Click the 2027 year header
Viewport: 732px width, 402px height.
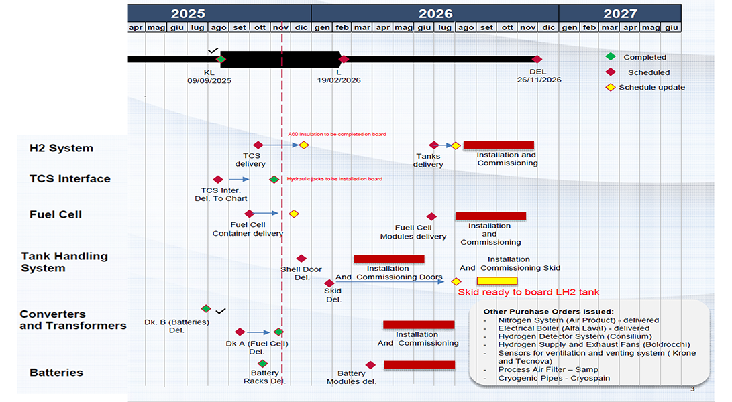620,13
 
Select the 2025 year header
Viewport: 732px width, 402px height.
188,13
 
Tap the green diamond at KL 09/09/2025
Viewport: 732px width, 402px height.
221,59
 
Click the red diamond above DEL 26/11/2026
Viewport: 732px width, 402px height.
537,60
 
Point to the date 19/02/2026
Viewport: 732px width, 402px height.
339,80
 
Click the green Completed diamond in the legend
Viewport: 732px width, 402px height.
611,57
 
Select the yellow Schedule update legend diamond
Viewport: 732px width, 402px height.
611,87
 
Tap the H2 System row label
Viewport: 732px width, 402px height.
61,148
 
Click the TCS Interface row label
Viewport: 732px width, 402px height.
70,178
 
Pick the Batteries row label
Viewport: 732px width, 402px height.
56,372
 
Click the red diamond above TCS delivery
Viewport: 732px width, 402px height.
257,145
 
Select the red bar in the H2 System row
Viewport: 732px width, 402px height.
499,145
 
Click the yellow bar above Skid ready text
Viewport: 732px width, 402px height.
496,281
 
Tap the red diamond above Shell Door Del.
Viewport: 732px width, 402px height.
301,258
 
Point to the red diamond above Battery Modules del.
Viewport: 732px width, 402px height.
370,365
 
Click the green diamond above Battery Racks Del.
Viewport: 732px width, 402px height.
263,364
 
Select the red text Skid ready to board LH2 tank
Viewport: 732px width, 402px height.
528,292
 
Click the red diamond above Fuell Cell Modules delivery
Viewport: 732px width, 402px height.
431,216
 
